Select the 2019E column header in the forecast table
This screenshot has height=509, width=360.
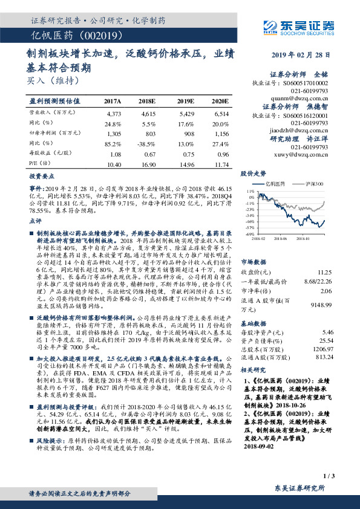click(186, 100)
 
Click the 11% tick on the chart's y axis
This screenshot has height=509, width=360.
click(250, 191)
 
